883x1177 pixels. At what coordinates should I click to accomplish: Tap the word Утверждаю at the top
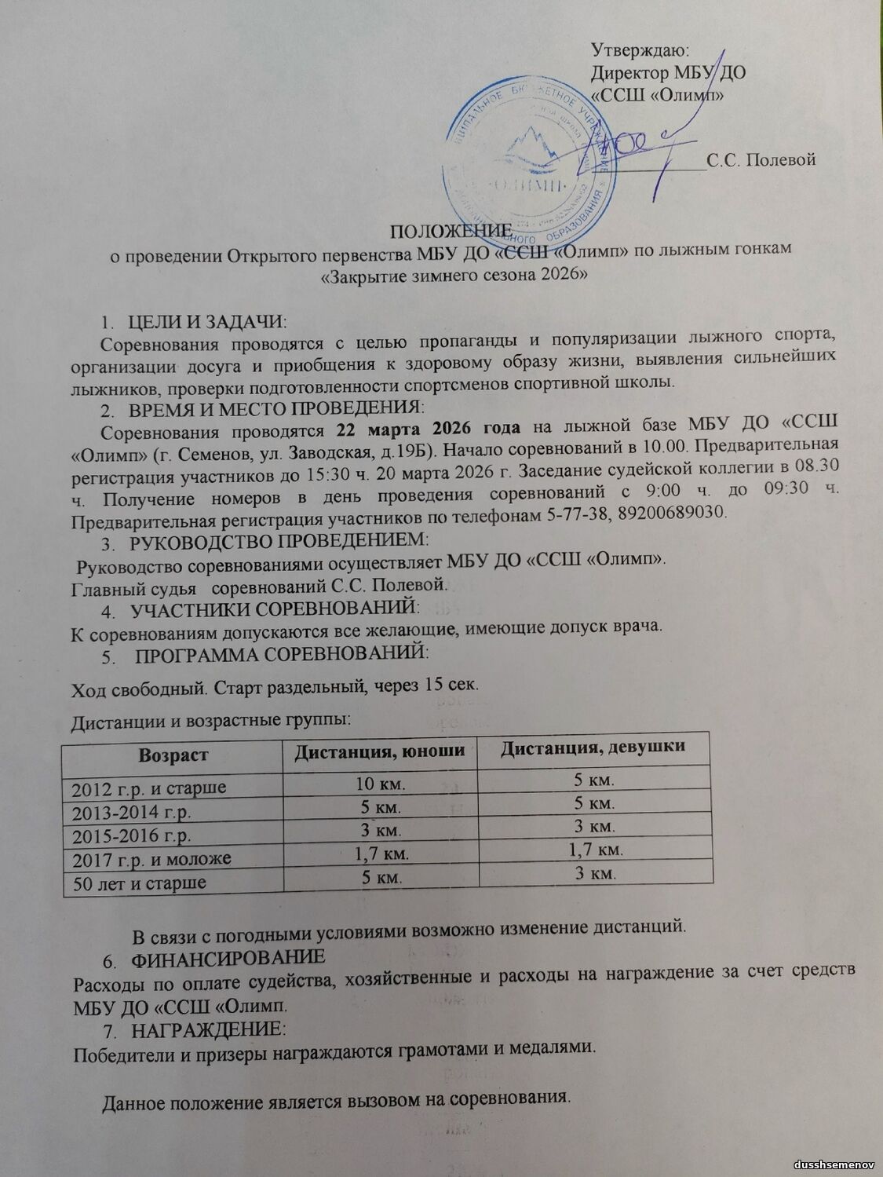639,51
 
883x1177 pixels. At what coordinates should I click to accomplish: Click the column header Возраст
173,755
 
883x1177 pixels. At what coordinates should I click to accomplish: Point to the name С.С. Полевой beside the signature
761,160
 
